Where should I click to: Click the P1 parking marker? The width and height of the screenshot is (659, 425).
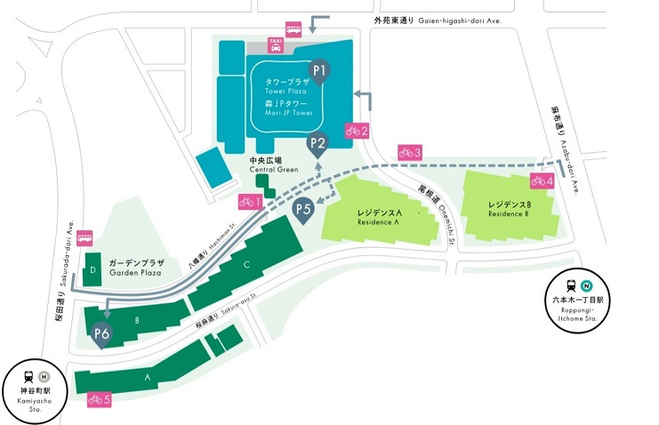click(x=319, y=69)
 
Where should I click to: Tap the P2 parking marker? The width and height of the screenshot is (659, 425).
click(x=317, y=142)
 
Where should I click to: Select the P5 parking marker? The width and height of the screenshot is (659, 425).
click(x=303, y=211)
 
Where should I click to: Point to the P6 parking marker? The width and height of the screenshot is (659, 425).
click(x=101, y=334)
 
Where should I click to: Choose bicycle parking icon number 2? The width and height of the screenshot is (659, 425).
click(x=357, y=130)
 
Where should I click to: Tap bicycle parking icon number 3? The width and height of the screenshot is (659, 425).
click(x=410, y=152)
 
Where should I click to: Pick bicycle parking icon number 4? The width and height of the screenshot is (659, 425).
click(x=542, y=180)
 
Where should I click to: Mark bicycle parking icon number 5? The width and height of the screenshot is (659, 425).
click(x=100, y=400)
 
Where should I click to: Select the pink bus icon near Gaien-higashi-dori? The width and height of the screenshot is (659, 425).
click(x=293, y=28)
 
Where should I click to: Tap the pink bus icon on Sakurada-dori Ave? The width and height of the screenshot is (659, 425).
click(x=84, y=237)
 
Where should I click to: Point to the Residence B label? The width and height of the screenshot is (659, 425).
click(x=509, y=209)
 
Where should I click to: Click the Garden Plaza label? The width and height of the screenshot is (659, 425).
click(x=138, y=269)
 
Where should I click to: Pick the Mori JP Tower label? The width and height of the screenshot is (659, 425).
click(x=289, y=108)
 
